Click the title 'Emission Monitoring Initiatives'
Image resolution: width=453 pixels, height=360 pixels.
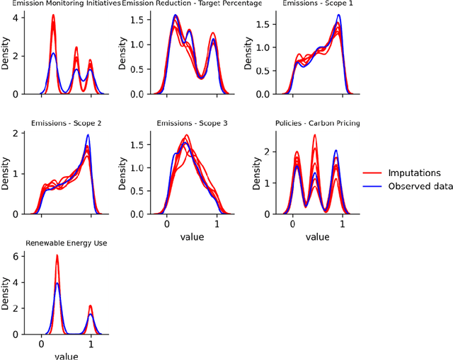(62, 4)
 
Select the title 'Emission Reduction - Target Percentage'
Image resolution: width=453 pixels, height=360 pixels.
(192, 4)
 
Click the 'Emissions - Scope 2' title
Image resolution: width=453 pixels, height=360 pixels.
(66, 123)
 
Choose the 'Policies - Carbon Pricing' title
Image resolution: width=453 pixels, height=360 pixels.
(318, 123)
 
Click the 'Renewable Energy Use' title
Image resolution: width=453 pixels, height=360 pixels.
(66, 243)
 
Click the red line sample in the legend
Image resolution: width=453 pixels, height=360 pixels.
(374, 172)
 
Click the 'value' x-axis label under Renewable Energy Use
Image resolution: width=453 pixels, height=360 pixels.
(66, 356)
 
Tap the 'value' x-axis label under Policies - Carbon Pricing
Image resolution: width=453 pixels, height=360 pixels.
(318, 236)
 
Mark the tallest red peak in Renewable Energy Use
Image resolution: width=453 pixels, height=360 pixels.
(57, 256)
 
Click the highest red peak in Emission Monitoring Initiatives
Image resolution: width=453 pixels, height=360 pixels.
(53, 16)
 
